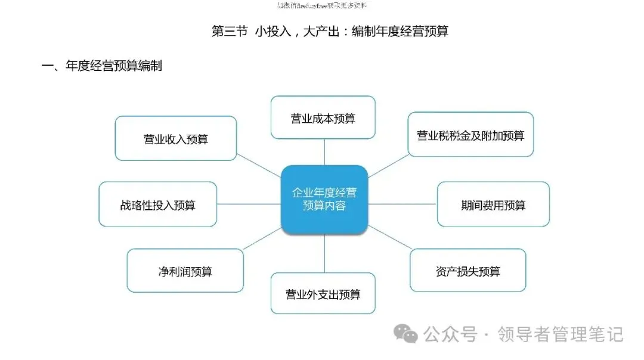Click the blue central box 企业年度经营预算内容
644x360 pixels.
point(324,199)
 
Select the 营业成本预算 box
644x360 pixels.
point(323,118)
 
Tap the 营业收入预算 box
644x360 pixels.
point(175,139)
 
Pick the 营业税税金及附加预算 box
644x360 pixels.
point(470,135)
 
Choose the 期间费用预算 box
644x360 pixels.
point(493,205)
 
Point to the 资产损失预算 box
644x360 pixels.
point(467,271)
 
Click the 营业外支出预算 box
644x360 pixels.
point(323,294)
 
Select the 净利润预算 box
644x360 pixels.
point(185,271)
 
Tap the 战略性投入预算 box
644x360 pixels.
point(157,205)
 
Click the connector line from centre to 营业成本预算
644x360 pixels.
point(324,152)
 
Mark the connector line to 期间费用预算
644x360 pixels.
point(402,204)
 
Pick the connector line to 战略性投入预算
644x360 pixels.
point(249,204)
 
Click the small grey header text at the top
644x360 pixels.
point(322,5)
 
